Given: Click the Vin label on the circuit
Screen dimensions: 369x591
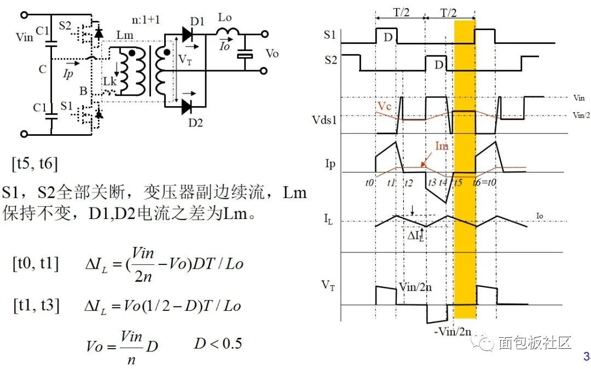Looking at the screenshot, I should click(25, 37).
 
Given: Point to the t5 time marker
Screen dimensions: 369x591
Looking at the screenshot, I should click(458, 182).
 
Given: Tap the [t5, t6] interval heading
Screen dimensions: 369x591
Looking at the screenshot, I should click(34, 163).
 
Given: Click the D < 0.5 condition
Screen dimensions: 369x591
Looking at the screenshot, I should click(218, 343).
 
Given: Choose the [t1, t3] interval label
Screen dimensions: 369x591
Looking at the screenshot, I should click(36, 305).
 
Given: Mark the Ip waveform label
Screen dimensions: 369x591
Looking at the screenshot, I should click(330, 163).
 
